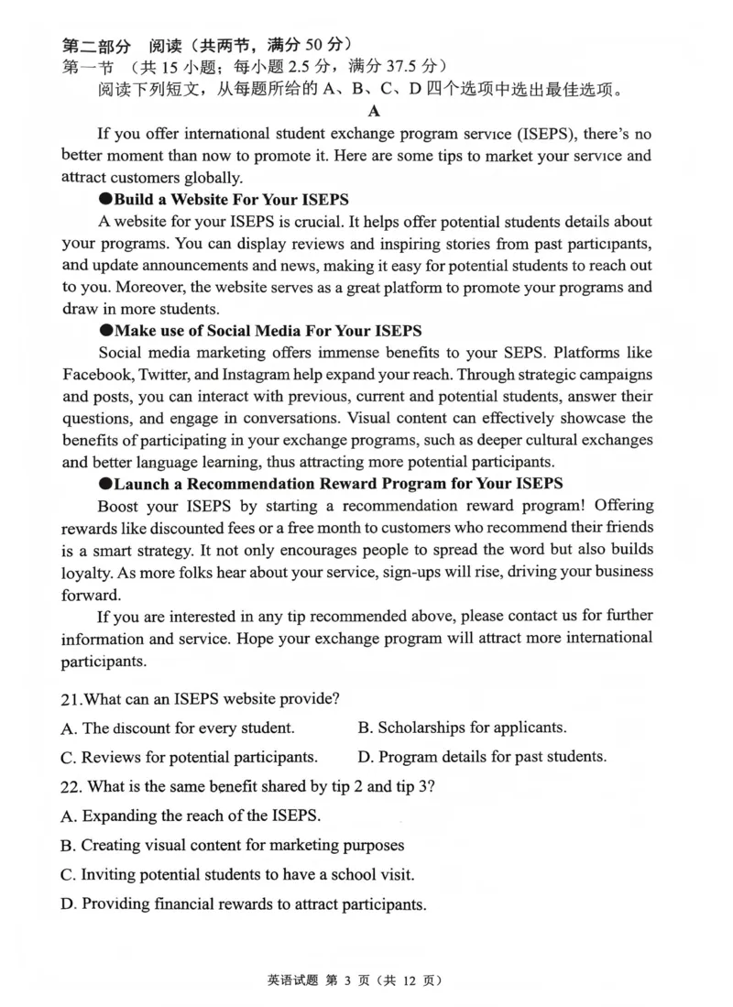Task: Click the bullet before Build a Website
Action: click(x=105, y=199)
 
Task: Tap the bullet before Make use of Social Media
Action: click(x=105, y=331)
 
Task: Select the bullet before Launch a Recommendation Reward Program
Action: click(x=105, y=483)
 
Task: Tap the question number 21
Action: click(x=71, y=698)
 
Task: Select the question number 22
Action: click(x=71, y=786)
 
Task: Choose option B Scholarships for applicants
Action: click(x=462, y=728)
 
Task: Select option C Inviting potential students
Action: click(x=237, y=874)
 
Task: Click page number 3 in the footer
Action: click(x=348, y=980)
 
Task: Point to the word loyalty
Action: click(x=88, y=571)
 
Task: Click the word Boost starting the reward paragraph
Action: click(x=119, y=505)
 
